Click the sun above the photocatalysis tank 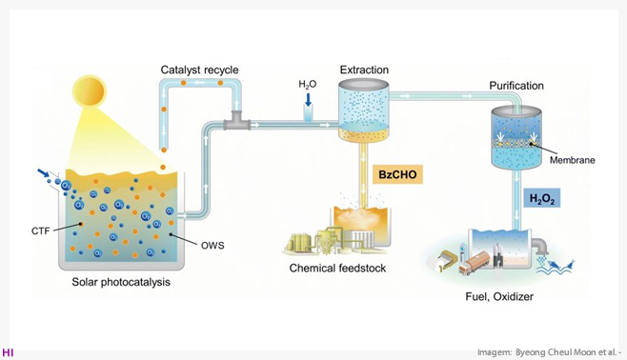(x=90, y=91)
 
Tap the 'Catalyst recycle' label (x=199, y=70)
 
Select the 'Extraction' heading (x=364, y=70)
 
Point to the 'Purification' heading (x=516, y=86)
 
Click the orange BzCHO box (x=397, y=174)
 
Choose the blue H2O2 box (x=542, y=198)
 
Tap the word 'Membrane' (x=573, y=160)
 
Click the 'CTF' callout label (x=41, y=230)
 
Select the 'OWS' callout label (x=212, y=246)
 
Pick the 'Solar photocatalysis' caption (x=121, y=282)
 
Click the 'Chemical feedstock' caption (x=337, y=268)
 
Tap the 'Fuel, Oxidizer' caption (x=499, y=296)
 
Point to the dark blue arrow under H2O (x=308, y=99)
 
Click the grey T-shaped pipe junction (x=237, y=121)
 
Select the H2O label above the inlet (x=308, y=85)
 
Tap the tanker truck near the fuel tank (x=475, y=262)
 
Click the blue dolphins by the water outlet (x=562, y=266)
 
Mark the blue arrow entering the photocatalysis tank (x=43, y=172)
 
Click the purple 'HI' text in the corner (x=8, y=352)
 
